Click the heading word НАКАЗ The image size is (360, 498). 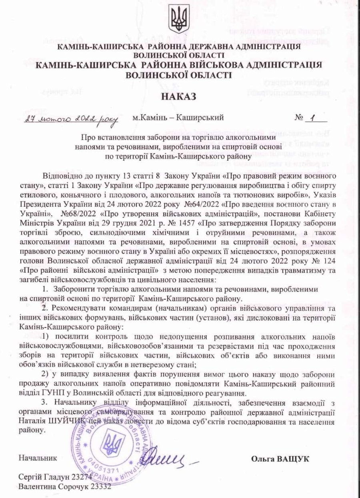[x=179, y=96]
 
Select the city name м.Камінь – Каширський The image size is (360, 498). [x=178, y=118]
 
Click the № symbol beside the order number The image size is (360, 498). [x=299, y=118]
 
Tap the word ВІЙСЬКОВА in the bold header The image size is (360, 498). [x=204, y=66]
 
